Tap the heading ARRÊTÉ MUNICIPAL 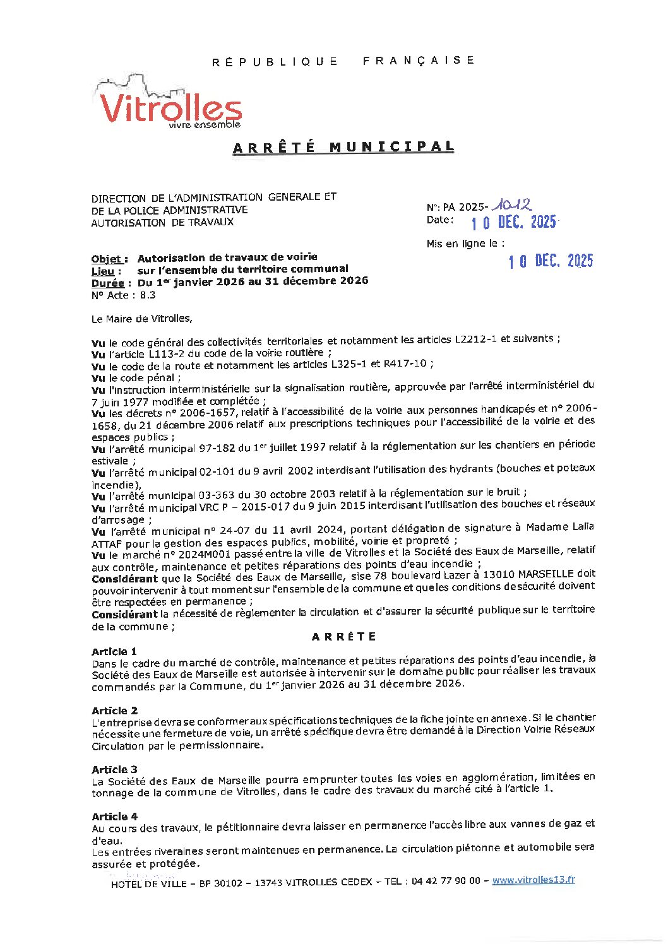(343, 148)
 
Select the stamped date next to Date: (514, 222)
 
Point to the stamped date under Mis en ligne (551, 261)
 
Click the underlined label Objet (109, 259)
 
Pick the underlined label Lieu (103, 271)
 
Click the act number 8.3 (148, 295)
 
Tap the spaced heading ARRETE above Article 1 (344, 637)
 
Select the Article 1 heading (114, 651)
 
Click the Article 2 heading (114, 711)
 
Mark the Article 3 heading (114, 769)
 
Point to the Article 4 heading (114, 817)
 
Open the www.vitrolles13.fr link (534, 880)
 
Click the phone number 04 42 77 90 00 (446, 882)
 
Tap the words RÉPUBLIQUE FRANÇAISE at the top (343, 61)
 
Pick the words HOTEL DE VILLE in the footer (149, 884)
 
